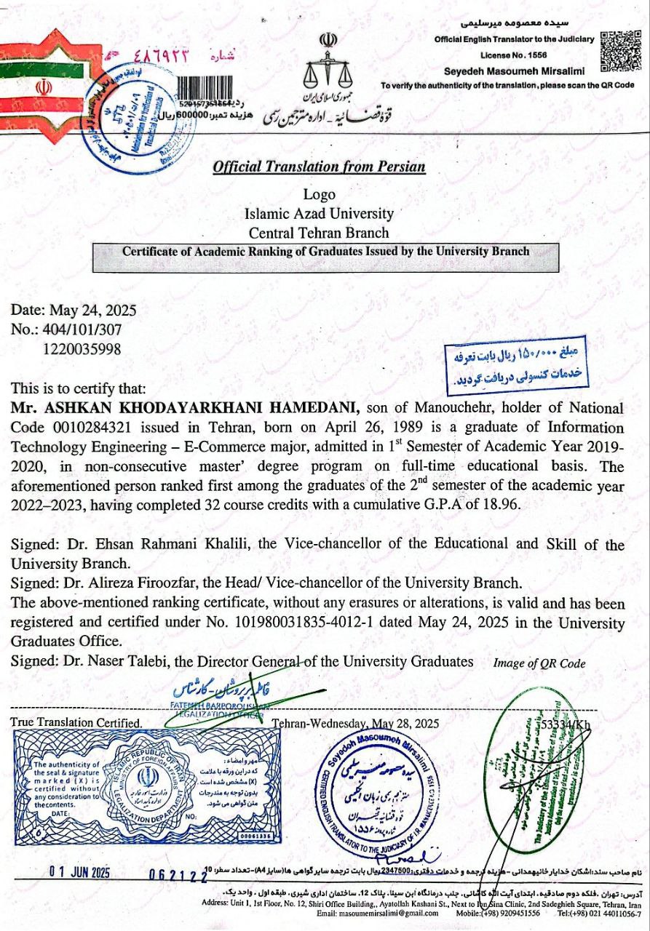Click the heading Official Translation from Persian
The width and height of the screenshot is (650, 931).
point(319,167)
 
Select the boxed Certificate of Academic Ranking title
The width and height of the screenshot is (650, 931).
point(325,251)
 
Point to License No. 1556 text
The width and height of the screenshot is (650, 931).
point(515,55)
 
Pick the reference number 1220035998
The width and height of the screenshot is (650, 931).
point(82,348)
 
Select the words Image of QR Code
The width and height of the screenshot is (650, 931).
point(539,663)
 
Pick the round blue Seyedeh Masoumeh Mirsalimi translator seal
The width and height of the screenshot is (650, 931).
point(378,788)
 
